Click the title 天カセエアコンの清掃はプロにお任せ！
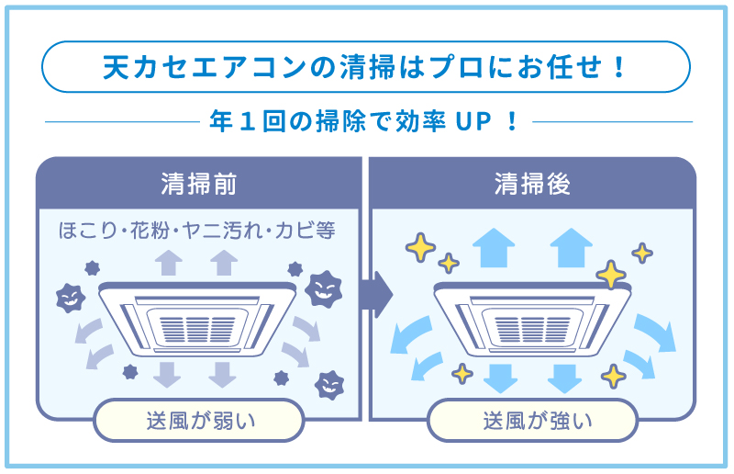pos(366,67)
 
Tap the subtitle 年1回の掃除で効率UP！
pos(366,120)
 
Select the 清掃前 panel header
pos(198,184)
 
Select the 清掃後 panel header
pos(532,184)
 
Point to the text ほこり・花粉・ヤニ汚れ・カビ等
pos(197,230)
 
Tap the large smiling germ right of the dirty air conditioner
pos(320,288)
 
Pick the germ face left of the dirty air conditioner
pos(70,297)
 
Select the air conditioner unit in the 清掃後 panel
pos(532,314)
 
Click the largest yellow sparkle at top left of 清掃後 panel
pos(420,246)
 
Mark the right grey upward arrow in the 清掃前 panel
pos(223,262)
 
